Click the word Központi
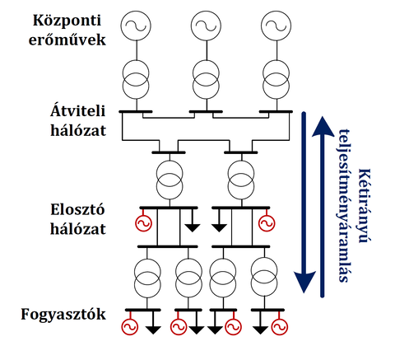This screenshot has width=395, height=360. click(67, 21)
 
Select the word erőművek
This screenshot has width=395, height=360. click(67, 40)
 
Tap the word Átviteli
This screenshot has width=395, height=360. click(78, 111)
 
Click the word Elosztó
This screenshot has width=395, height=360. click(77, 210)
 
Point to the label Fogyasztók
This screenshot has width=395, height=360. click(63, 315)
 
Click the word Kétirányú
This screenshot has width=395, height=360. click(365, 205)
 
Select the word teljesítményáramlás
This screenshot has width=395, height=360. click(345, 205)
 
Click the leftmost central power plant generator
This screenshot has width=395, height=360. click(136, 26)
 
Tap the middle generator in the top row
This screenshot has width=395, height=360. click(206, 26)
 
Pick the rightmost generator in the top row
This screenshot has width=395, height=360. click(276, 26)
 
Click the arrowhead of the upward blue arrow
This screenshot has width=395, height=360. click(323, 126)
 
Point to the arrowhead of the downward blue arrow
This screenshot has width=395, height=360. click(304, 283)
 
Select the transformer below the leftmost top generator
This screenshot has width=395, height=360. click(136, 80)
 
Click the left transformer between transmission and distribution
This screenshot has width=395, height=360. click(170, 180)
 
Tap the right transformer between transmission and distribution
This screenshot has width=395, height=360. click(241, 180)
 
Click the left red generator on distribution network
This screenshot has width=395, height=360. click(143, 222)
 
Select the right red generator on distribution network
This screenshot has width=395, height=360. click(267, 222)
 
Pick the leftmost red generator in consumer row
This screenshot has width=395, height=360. click(130, 326)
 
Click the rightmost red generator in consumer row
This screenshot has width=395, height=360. click(280, 326)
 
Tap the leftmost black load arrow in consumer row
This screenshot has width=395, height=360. click(153, 330)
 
